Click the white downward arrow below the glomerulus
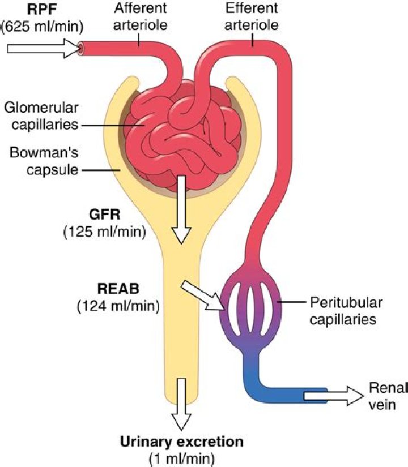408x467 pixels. click(x=182, y=209)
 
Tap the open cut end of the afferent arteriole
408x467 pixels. click(x=82, y=49)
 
